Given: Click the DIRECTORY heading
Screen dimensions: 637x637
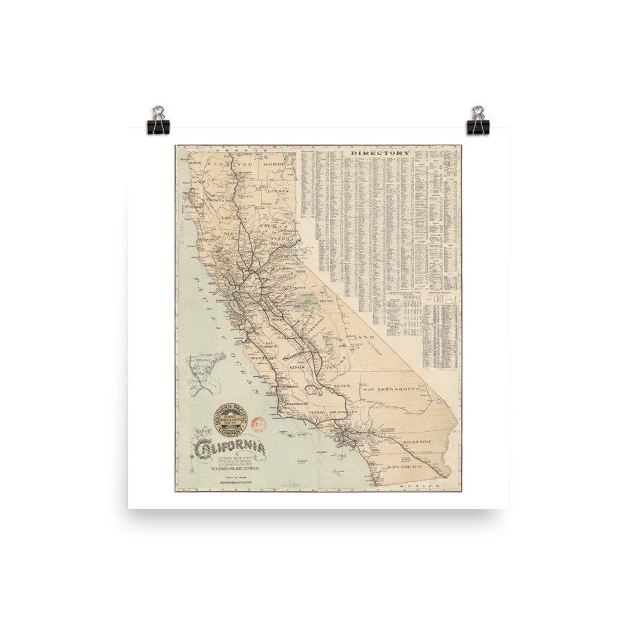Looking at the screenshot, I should point(380,153).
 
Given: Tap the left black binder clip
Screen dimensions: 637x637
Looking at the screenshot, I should point(158,121).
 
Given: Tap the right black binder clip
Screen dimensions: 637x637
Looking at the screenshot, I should point(478,121).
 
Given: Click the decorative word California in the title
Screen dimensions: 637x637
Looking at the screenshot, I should point(230,448).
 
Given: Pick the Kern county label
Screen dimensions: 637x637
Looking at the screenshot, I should point(341,386).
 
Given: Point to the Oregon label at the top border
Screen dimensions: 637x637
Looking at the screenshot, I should point(234,150).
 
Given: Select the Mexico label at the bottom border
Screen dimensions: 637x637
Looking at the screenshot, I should point(419,487).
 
